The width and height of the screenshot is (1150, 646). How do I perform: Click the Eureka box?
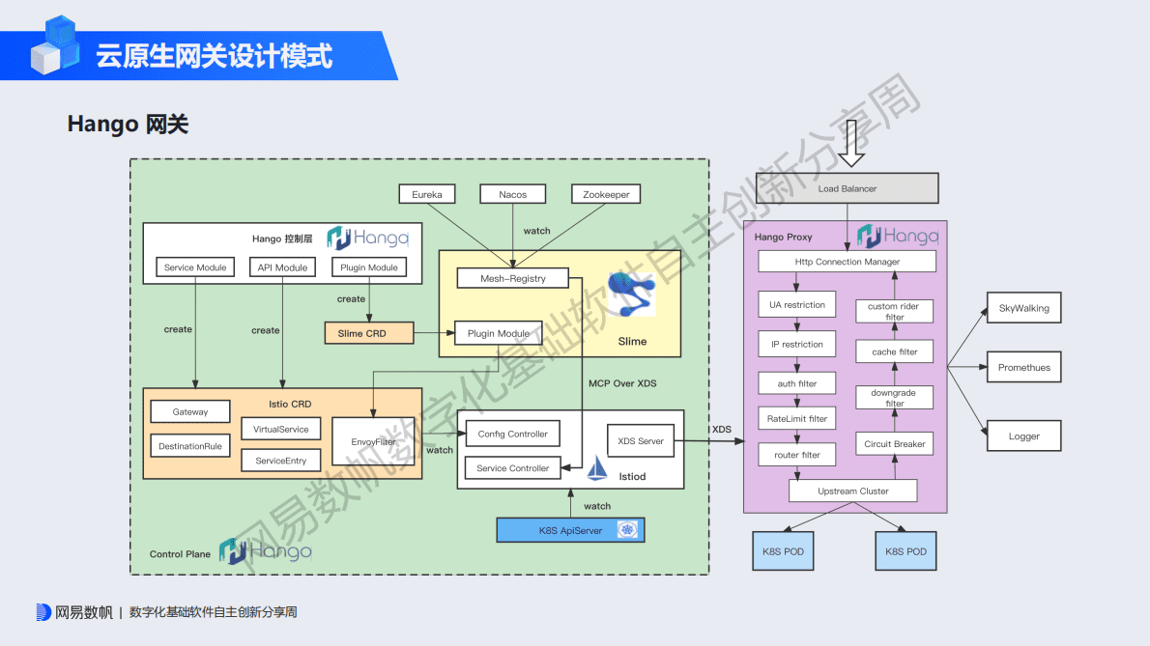pos(427,194)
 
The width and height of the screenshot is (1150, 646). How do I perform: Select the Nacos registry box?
pos(513,194)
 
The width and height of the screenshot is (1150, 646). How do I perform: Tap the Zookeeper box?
pos(606,194)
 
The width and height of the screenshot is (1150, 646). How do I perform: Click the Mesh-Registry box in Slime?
pos(512,278)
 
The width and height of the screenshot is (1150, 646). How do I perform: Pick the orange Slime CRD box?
pos(369,333)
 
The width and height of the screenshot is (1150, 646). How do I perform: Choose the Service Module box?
pos(195,267)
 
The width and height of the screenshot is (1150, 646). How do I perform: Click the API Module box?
pos(282,267)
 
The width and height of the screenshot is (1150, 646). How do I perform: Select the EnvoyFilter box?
pos(373,441)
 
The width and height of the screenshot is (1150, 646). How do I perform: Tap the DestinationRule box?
pos(190,446)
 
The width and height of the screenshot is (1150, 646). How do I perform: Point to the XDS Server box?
pos(641,441)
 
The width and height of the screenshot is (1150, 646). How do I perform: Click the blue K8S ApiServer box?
pos(570,530)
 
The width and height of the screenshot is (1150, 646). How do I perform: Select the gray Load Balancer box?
pos(847,188)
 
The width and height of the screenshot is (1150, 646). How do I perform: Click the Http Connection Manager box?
pos(847,262)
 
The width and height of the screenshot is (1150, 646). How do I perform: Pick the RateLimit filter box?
pos(797,419)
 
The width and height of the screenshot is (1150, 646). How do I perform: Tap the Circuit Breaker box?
pos(894,444)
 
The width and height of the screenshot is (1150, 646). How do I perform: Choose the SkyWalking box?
pos(1023,308)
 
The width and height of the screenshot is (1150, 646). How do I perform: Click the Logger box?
pos(1023,435)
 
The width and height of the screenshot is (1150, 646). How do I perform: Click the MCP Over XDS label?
pos(622,383)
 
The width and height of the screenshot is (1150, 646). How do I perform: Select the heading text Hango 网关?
pos(128,124)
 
